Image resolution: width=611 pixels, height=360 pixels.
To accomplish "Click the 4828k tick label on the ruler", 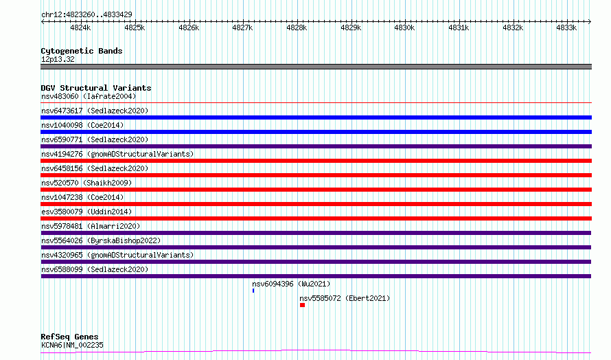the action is click(297, 27).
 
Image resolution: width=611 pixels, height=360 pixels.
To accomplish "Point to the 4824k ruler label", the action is click(80, 27).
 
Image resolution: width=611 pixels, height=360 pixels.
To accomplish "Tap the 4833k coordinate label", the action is click(566, 27).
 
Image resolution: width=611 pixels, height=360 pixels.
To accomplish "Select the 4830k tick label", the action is click(404, 27).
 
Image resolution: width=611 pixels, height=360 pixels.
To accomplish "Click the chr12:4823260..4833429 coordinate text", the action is click(87, 15).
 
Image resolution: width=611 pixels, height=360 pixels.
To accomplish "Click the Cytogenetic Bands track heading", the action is click(82, 51).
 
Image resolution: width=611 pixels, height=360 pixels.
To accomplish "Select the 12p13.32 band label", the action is click(58, 59).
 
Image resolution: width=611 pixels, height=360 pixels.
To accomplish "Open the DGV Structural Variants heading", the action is click(96, 88).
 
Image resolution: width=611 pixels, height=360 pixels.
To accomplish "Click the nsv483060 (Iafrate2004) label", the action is click(89, 96).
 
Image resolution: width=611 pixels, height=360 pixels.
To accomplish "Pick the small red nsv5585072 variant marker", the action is click(302, 305).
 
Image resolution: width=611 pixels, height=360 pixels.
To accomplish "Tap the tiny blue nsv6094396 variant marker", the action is click(253, 291).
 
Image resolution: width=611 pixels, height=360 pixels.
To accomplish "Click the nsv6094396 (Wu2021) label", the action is click(291, 284).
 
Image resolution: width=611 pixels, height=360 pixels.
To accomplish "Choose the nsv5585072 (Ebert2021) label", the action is click(345, 298).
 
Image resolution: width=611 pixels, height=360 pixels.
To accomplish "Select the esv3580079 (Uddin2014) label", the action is click(87, 212).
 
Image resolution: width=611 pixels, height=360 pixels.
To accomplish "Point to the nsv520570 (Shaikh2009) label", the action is click(87, 183).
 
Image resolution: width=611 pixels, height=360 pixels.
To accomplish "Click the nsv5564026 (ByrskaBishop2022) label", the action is click(101, 240).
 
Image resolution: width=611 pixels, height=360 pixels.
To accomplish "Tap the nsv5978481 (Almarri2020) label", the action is click(91, 226).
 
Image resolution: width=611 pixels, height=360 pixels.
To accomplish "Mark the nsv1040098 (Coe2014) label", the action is click(82, 125).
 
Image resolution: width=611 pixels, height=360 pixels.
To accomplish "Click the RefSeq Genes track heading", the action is click(69, 337).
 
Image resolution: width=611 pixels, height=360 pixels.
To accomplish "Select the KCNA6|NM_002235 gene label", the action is click(72, 345).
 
